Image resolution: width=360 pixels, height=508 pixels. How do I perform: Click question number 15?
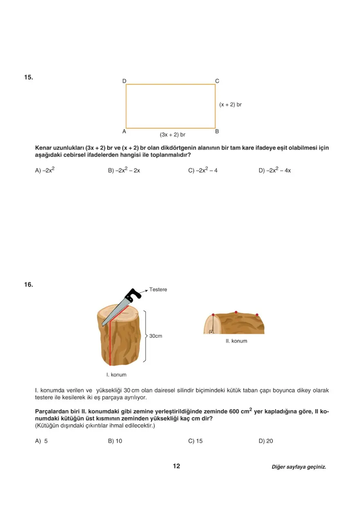coord(28,77)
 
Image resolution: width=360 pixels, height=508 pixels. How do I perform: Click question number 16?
coord(28,285)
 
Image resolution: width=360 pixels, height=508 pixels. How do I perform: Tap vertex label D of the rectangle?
coord(124,81)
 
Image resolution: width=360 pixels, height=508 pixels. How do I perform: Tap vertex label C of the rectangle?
coord(217,81)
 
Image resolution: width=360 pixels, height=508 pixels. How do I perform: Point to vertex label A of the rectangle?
coord(124,132)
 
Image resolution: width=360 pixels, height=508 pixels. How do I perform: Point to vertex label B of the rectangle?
coord(217,132)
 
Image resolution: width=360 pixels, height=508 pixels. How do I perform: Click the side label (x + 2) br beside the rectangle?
coord(230,105)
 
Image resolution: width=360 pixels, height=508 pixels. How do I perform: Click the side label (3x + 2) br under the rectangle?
coord(173,134)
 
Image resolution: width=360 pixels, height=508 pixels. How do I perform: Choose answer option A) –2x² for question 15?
coord(45,170)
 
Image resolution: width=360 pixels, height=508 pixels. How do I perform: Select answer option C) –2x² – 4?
coord(203,170)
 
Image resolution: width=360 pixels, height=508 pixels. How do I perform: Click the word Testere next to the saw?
coord(158,290)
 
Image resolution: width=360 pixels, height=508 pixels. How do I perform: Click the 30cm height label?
coord(156,336)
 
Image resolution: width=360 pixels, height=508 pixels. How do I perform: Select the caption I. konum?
coord(116,375)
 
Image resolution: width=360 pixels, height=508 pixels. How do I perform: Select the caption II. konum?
coord(236,341)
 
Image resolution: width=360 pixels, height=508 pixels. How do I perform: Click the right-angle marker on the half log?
coord(211,332)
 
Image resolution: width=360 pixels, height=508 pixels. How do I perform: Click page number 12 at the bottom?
coord(177,466)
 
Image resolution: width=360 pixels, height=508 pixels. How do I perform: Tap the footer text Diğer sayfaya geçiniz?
coord(299,467)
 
